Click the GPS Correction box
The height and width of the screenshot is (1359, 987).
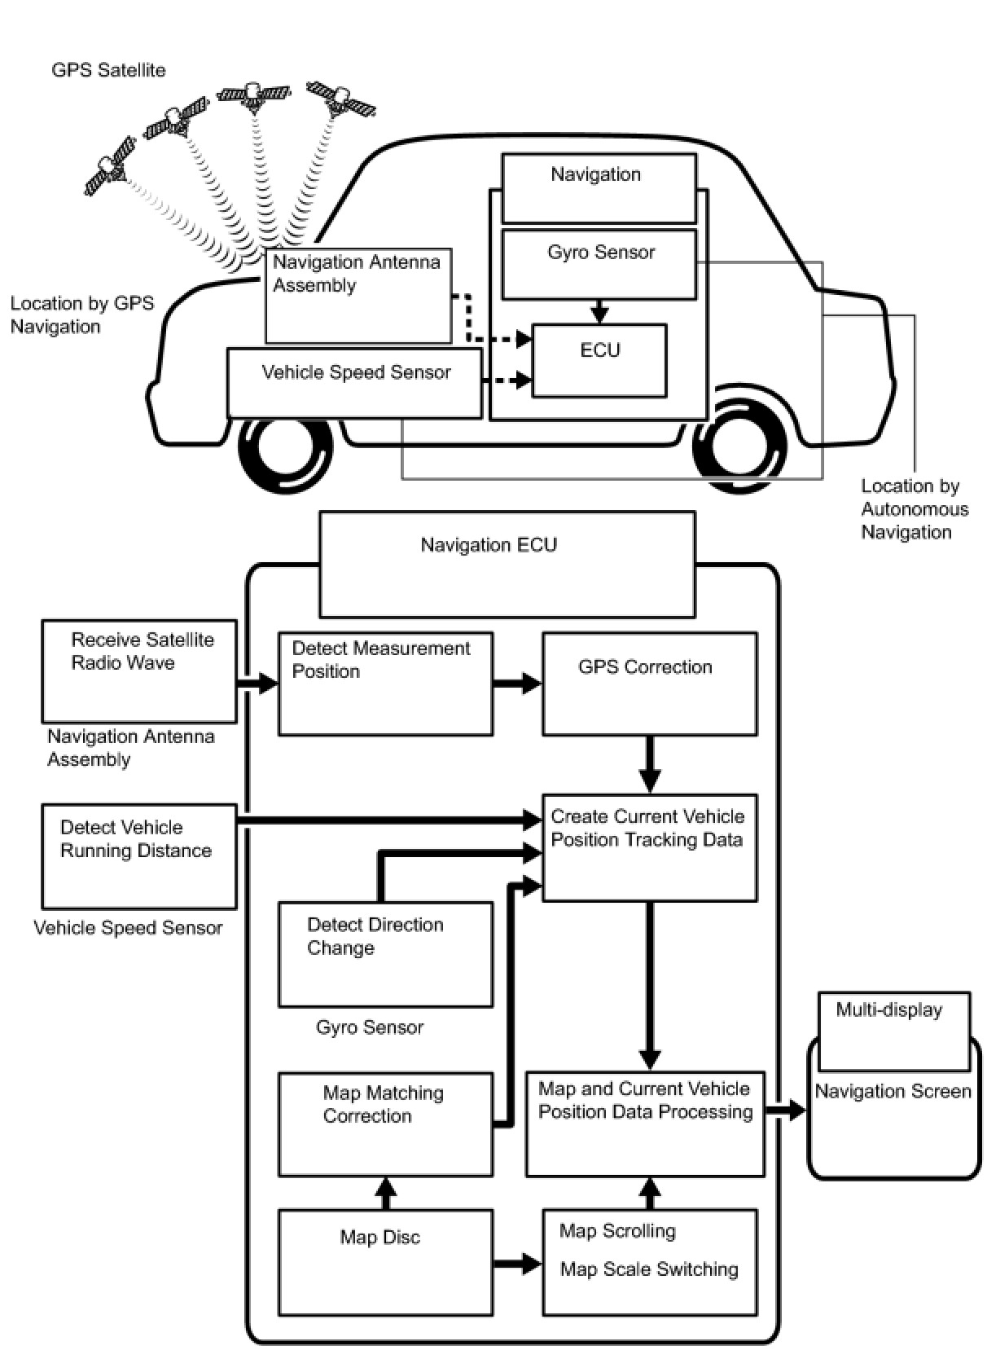[649, 684]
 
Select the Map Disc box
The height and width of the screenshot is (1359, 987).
[385, 1261]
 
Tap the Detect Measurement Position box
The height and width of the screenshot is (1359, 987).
[385, 684]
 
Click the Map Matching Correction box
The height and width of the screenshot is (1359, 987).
[385, 1124]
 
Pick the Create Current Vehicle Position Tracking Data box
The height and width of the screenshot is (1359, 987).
[649, 847]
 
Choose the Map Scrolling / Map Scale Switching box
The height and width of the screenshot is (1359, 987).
[649, 1261]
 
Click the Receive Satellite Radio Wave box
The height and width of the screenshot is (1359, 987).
[139, 671]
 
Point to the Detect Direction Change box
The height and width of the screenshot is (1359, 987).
[385, 953]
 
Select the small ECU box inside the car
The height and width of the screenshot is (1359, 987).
[599, 360]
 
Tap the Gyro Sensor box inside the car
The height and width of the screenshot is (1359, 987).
[599, 264]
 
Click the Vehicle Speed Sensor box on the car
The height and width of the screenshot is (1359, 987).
[354, 383]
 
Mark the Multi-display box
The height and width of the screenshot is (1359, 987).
[893, 1031]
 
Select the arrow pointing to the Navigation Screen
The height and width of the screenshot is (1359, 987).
[786, 1110]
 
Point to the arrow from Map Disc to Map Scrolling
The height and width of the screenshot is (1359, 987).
[517, 1264]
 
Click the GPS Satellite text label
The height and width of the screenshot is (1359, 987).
[108, 70]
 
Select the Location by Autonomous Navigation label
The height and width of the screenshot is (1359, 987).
[914, 509]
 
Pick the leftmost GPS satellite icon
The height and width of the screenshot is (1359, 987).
[110, 167]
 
